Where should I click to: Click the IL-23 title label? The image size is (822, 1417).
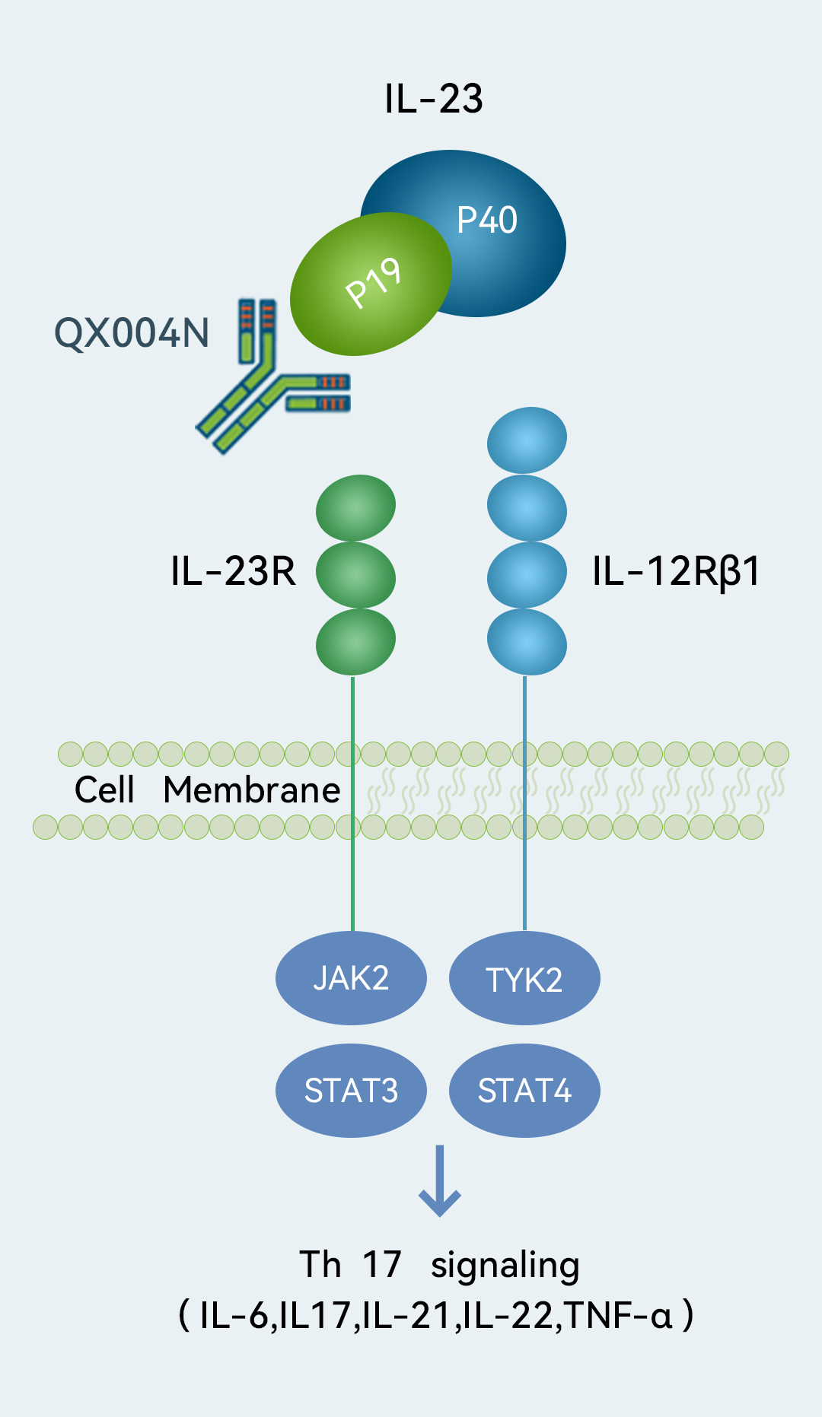433,99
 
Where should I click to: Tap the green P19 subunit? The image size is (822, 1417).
371,283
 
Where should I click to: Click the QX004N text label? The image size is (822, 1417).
132,333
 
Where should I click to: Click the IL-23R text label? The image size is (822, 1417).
233,571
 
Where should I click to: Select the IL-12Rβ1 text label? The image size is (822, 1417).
676,571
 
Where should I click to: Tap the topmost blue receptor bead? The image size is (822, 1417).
527,440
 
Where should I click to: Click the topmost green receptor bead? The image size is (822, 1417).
355,507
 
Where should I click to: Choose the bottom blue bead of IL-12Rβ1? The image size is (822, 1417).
527,643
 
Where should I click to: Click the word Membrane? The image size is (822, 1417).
252,790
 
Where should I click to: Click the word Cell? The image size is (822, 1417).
104,790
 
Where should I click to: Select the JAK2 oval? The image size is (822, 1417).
351,978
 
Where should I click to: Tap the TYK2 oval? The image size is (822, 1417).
524,979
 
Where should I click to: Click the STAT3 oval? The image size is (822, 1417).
351,1091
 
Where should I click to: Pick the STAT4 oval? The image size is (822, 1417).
524,1091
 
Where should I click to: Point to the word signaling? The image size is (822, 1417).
505,1266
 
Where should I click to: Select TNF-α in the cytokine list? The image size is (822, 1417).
619,1315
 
